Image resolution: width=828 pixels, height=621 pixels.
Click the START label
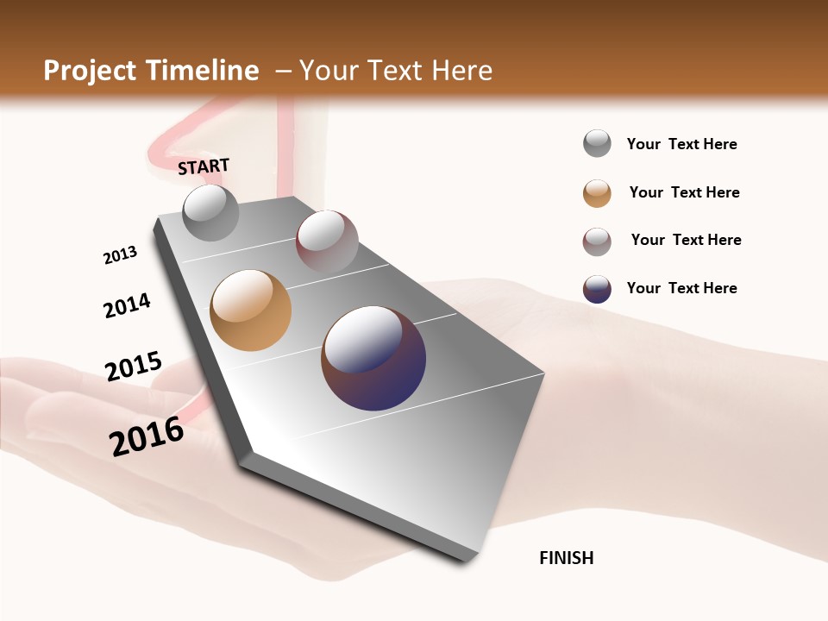point(204,166)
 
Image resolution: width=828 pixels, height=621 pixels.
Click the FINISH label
point(566,558)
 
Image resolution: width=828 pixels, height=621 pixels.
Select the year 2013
point(120,255)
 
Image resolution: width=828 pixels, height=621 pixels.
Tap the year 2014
point(127,306)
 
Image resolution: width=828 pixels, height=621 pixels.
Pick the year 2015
point(133,367)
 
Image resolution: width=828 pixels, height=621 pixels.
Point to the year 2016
point(147,436)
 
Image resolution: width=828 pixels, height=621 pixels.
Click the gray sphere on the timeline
point(210,212)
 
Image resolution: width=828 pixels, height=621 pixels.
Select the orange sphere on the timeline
point(250,310)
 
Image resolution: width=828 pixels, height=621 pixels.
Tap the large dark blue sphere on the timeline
point(373,358)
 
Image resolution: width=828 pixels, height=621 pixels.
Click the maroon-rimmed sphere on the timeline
point(327,241)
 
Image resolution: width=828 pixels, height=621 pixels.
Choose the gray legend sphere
point(597,144)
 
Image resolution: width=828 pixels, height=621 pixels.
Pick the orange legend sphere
point(597,193)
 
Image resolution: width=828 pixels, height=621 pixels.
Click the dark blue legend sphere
point(597,289)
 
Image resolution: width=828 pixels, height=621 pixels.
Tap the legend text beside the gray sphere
point(681,144)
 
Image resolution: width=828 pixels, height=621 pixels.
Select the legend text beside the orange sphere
point(684,192)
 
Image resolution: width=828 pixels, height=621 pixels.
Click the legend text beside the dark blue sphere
point(681,288)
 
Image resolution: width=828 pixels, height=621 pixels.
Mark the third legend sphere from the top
point(597,241)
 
